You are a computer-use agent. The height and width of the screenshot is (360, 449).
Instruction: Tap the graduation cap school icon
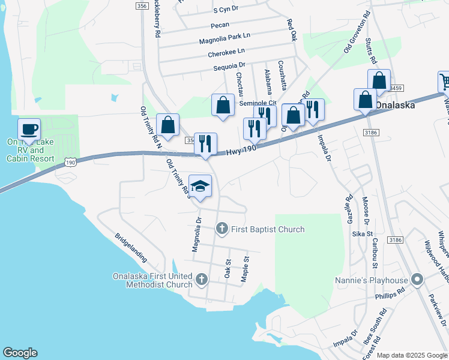[x=200, y=185]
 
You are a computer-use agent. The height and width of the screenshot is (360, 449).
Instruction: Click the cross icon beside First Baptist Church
[x=222, y=228]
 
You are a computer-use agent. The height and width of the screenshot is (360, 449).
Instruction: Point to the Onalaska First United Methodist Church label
[x=152, y=280]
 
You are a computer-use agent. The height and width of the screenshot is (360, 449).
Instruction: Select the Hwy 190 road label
[x=243, y=151]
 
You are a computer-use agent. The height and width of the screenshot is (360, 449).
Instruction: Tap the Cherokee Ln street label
[x=226, y=53]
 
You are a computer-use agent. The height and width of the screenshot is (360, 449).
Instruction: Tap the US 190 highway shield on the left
[x=71, y=162]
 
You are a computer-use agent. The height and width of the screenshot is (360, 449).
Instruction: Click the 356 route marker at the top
[x=142, y=5]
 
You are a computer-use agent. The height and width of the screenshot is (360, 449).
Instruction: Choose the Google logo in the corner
[x=20, y=353]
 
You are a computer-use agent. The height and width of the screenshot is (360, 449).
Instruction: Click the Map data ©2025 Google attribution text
[x=412, y=355]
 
